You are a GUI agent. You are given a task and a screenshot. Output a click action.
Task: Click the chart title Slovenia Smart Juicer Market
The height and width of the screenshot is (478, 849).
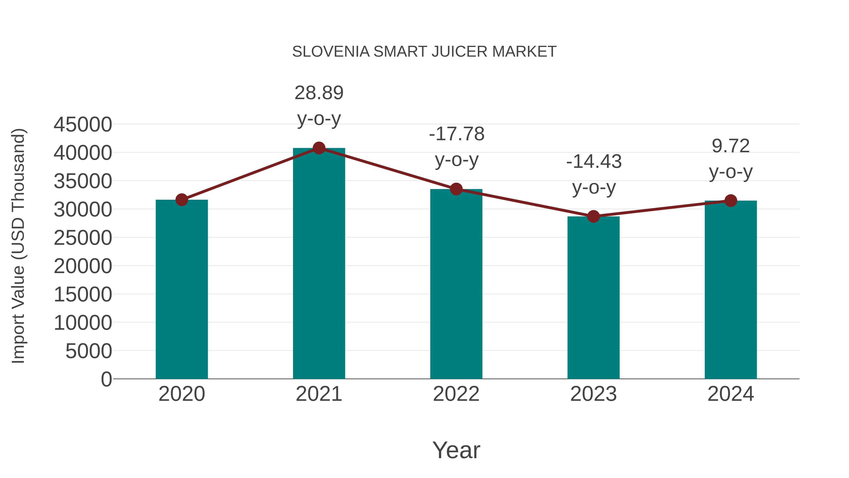(x=424, y=52)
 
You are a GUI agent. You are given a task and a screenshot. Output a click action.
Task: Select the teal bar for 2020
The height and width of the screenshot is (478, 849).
(x=182, y=290)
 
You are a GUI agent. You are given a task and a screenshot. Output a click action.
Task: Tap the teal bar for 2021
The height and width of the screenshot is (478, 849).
(x=319, y=264)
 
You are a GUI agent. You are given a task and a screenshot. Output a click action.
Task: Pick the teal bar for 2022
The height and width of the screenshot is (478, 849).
(x=456, y=284)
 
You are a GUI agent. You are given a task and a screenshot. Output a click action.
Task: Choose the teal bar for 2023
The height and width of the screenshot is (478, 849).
(x=593, y=297)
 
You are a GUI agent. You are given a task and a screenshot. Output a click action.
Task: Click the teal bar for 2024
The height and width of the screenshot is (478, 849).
(x=731, y=290)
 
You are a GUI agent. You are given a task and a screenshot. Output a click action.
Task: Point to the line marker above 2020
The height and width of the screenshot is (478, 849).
(x=182, y=199)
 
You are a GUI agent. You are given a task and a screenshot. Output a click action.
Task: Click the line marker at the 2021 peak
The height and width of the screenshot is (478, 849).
(x=319, y=148)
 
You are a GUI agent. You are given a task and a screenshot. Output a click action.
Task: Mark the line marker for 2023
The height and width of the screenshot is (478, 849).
(x=593, y=216)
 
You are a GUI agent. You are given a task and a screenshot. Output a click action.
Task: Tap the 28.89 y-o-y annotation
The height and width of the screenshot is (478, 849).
(x=319, y=106)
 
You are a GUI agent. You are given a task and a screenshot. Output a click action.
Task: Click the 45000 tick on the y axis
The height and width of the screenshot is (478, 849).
(x=83, y=125)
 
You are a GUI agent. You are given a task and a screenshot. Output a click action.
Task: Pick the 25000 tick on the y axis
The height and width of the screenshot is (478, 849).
(x=83, y=238)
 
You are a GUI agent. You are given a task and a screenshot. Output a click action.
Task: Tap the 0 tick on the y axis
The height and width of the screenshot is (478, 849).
(x=106, y=379)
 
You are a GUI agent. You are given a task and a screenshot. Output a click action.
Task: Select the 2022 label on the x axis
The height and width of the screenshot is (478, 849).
(x=456, y=394)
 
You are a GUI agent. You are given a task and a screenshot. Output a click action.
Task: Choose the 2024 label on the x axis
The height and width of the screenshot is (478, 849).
(x=731, y=394)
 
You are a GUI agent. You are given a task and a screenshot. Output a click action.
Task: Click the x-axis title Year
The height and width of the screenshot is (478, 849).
(x=456, y=450)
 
